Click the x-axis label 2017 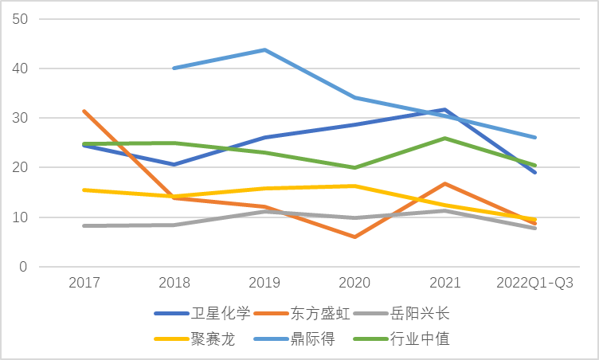pyautogui.click(x=84, y=284)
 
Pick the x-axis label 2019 pyautogui.click(x=264, y=284)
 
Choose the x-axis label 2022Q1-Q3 pyautogui.click(x=534, y=284)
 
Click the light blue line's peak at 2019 pyautogui.click(x=264, y=50)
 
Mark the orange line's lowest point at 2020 pyautogui.click(x=354, y=237)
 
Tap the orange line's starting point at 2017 pyautogui.click(x=84, y=111)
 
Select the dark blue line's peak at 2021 pyautogui.click(x=445, y=109)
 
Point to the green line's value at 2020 pyautogui.click(x=354, y=167)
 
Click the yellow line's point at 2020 pyautogui.click(x=354, y=186)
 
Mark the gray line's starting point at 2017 pyautogui.click(x=84, y=225)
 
